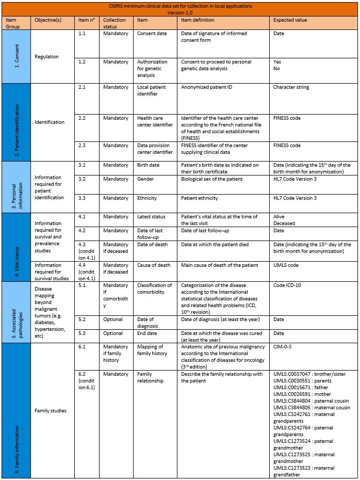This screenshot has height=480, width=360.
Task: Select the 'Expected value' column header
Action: pyautogui.click(x=290, y=20)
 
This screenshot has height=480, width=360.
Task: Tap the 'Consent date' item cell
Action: pyautogui.click(x=152, y=34)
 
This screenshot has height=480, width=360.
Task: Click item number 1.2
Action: pyautogui.click(x=82, y=62)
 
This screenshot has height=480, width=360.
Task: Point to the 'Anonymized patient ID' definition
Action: pyautogui.click(x=207, y=87)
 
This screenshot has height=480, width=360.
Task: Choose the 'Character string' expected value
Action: pyautogui.click(x=291, y=87)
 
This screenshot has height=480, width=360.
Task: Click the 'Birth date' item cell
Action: pyautogui.click(x=149, y=165)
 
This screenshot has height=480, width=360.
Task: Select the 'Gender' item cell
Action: pyautogui.click(x=146, y=179)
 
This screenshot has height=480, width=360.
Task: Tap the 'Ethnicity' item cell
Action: pyautogui.click(x=148, y=198)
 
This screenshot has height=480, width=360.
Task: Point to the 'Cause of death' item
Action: pyautogui.click(x=154, y=265)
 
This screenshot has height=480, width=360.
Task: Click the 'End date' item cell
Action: pyautogui.click(x=147, y=333)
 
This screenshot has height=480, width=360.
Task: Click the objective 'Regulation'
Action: pyautogui.click(x=46, y=57)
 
